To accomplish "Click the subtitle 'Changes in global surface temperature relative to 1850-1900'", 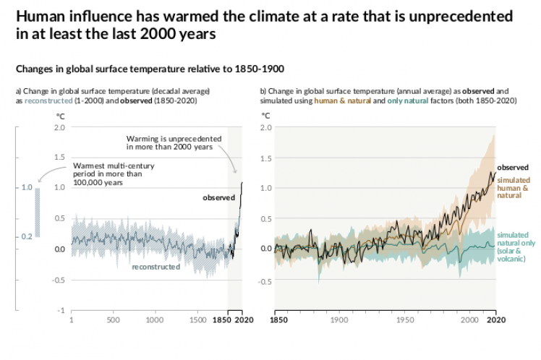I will (150, 69).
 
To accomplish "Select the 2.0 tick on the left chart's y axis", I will (60, 127).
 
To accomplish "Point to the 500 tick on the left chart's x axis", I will (113, 319).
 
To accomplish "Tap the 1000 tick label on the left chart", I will (153, 319).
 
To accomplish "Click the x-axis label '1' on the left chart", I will (71, 319).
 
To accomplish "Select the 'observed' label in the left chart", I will (218, 197).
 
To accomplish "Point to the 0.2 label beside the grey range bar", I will (26, 236).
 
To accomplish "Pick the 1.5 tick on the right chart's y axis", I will (266, 158).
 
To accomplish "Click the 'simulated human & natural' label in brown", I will (514, 187).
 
